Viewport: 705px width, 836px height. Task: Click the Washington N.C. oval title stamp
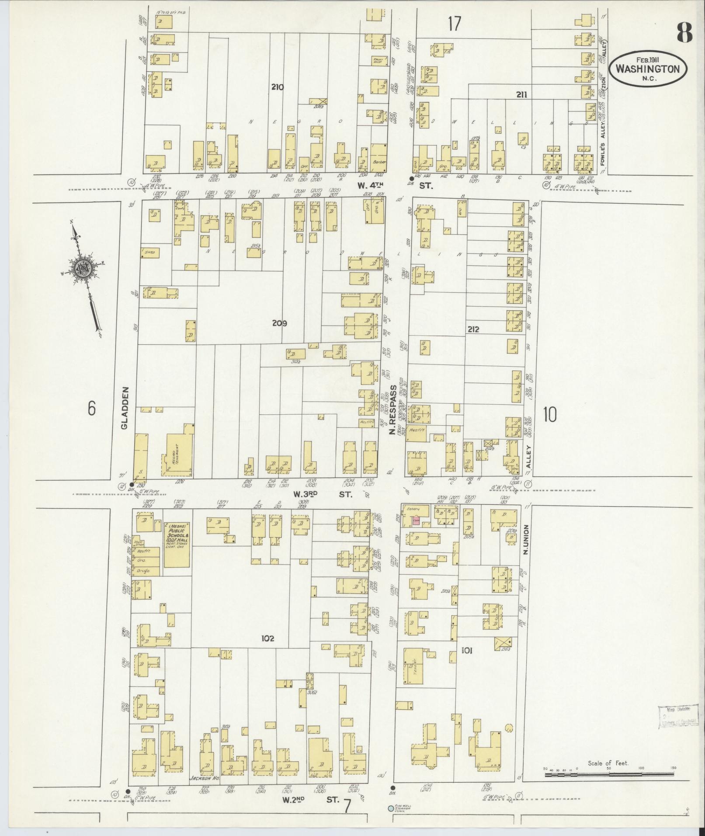(648, 69)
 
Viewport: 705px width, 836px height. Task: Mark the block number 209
(279, 323)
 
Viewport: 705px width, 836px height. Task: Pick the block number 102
(267, 638)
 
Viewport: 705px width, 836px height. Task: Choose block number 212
(472, 329)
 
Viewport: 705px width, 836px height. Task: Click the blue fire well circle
(390, 808)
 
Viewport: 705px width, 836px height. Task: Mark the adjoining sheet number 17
(454, 24)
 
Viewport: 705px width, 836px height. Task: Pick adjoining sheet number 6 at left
(91, 408)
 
